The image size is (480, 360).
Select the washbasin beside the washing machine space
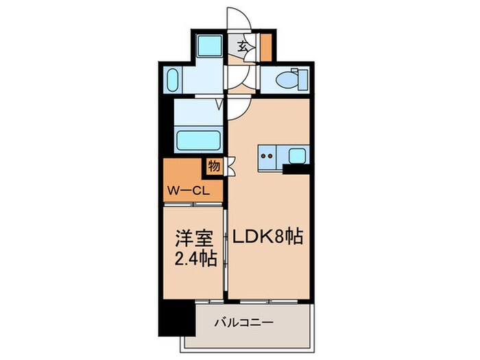tap(173, 81)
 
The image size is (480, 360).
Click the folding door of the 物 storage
tap(229, 165)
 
